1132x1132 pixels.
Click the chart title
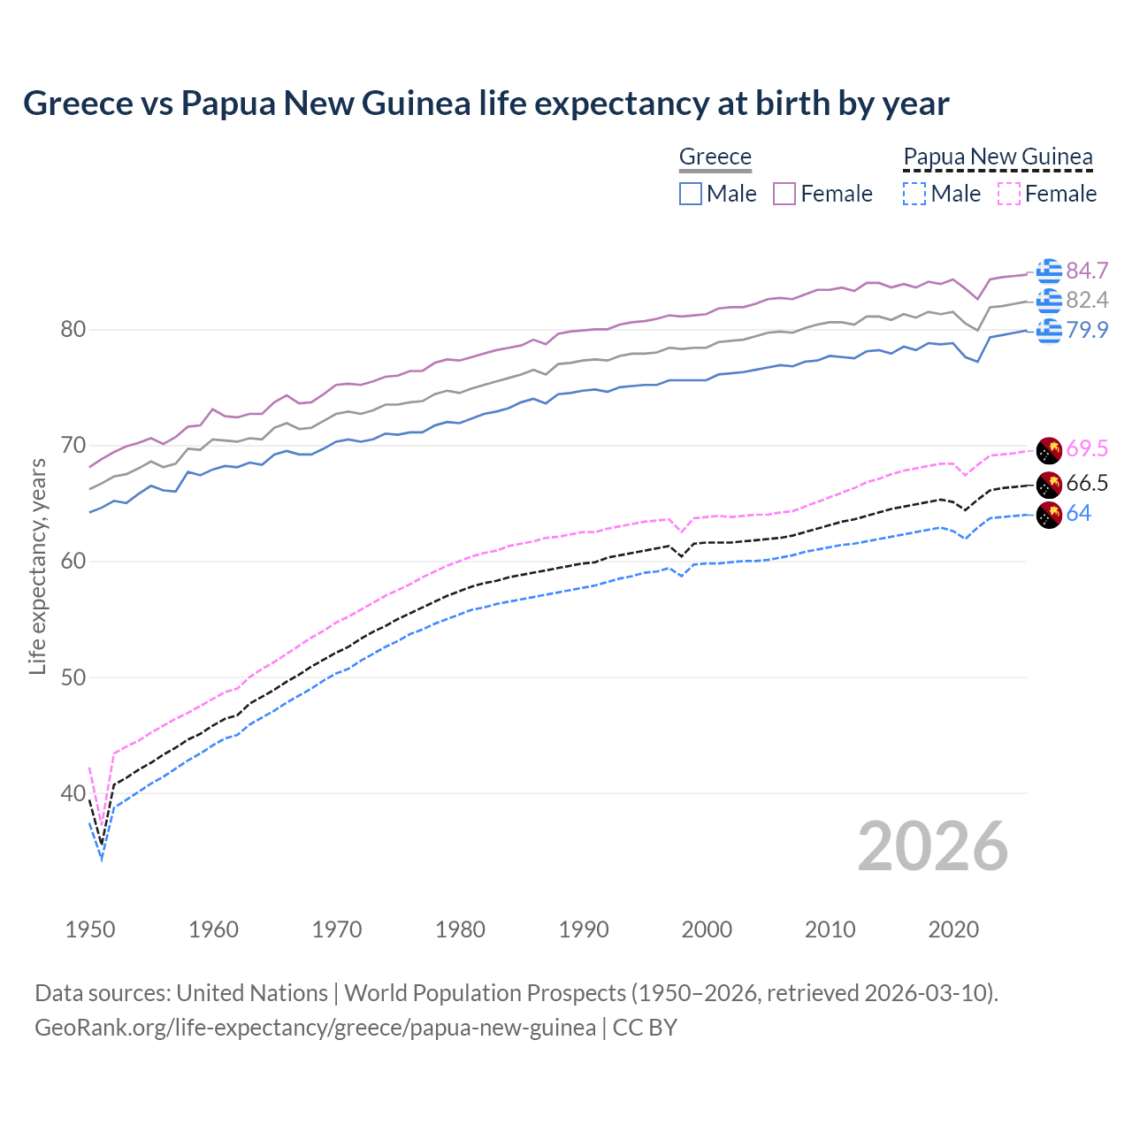point(486,103)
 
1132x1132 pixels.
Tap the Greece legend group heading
point(715,157)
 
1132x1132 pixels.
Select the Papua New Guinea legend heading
point(998,157)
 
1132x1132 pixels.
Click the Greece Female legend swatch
point(784,194)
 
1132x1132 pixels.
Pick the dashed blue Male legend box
point(914,194)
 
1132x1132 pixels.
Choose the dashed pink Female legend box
point(1008,194)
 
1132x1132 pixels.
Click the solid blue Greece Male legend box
point(691,194)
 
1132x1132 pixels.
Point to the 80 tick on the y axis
point(73,330)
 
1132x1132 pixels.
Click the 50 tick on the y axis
point(73,677)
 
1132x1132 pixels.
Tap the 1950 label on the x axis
point(90,929)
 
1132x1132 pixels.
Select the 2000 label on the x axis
point(707,929)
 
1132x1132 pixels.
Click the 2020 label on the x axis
point(953,929)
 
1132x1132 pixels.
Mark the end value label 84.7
point(1087,271)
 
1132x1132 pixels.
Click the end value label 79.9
point(1087,330)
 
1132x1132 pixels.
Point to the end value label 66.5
point(1087,483)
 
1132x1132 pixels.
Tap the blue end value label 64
point(1078,513)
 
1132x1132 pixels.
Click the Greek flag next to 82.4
point(1049,301)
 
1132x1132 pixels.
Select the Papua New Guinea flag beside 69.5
point(1049,449)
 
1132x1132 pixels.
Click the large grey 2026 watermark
point(932,846)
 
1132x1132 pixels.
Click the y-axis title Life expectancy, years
point(37,566)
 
